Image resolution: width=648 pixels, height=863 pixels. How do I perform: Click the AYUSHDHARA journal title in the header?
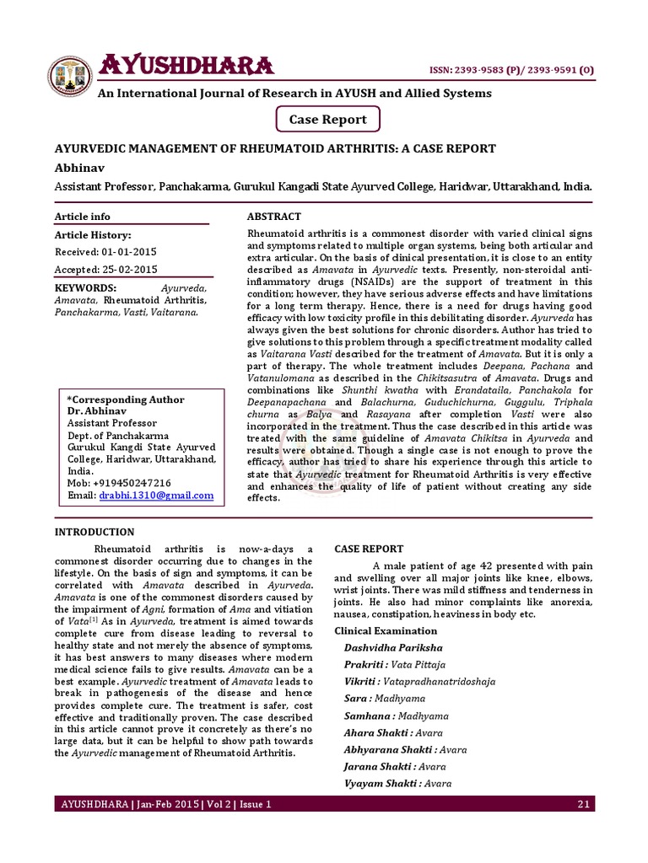(x=186, y=65)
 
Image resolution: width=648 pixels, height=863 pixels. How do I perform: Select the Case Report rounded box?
(x=327, y=120)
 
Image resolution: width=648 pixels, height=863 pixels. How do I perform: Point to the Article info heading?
(x=83, y=217)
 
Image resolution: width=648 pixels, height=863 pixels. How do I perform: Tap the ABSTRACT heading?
(x=273, y=217)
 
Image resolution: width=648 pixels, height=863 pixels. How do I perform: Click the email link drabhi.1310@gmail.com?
(x=156, y=496)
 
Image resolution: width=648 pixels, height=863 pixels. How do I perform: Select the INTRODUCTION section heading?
(x=94, y=532)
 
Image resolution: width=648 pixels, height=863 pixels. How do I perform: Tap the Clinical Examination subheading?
(x=386, y=630)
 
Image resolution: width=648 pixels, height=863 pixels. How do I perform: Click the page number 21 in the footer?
(x=582, y=805)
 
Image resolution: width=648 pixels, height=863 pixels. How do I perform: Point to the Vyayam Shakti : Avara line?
(x=398, y=783)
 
